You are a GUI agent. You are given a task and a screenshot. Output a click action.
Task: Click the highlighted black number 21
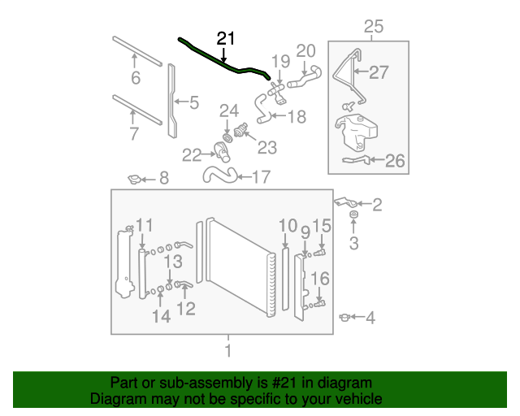[x=226, y=38]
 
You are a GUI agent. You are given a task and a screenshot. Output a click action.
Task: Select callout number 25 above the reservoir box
[x=374, y=27]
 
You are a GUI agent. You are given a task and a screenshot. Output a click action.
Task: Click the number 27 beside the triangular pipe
[x=379, y=72]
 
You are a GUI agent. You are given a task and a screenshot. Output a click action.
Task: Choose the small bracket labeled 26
[x=356, y=160]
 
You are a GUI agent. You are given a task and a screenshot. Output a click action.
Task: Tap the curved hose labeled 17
[x=220, y=175]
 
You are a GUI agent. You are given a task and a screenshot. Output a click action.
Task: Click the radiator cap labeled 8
[x=135, y=180]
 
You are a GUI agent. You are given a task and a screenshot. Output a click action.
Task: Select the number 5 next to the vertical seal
[x=194, y=102]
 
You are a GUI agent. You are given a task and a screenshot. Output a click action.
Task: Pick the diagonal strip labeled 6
[x=137, y=51]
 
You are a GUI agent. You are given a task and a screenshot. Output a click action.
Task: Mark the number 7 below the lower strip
[x=133, y=133]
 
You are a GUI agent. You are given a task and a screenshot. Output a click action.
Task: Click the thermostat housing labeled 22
[x=222, y=152]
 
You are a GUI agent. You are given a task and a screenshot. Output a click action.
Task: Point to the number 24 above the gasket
[x=229, y=110]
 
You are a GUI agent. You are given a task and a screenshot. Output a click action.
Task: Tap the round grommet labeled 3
[x=354, y=214]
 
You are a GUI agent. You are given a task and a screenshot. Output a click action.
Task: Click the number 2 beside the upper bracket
[x=377, y=205]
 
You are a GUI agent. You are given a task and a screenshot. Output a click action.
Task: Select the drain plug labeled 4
[x=344, y=318]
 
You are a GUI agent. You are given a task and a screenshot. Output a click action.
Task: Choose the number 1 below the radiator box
[x=228, y=350]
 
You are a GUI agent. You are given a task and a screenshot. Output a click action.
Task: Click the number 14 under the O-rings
[x=162, y=316]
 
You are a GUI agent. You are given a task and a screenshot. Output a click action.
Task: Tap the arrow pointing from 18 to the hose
[x=278, y=115]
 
